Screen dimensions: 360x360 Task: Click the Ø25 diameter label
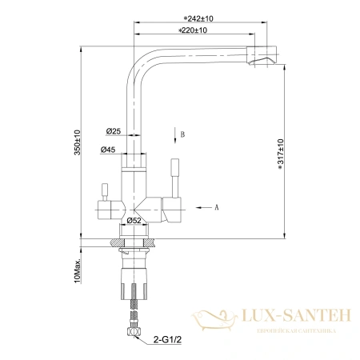pyautogui.click(x=112, y=130)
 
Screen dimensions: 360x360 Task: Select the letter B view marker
pyautogui.click(x=182, y=134)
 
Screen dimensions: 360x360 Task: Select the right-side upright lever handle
pyautogui.click(x=174, y=175)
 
